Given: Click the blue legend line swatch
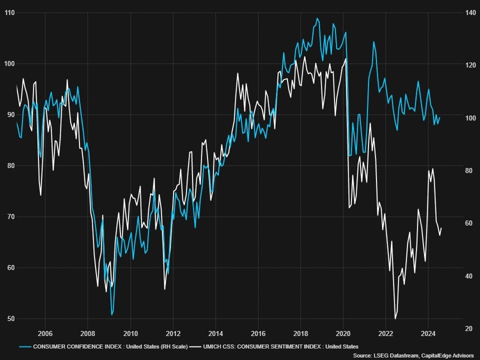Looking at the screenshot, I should (23, 346).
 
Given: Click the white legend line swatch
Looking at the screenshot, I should (198, 346).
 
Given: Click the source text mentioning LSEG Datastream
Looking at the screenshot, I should (413, 355).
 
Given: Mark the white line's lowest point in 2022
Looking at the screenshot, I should (395, 318).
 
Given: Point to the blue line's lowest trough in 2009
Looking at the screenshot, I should (112, 315).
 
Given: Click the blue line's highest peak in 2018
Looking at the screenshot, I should (317, 18).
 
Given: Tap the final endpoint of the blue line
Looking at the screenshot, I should (440, 117).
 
